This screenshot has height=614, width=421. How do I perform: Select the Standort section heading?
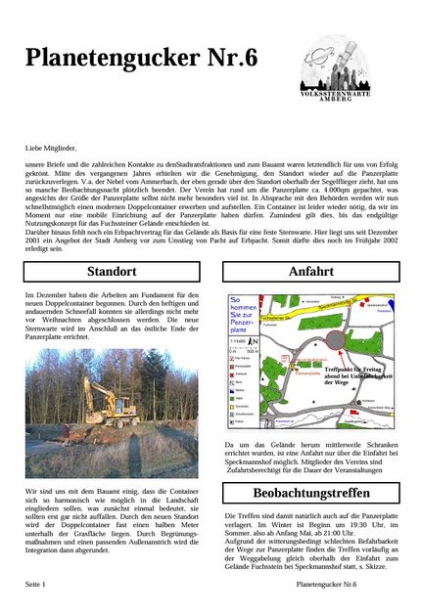pyautogui.click(x=111, y=271)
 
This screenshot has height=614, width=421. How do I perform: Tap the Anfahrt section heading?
pyautogui.click(x=310, y=271)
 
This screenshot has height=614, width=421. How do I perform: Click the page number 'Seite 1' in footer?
pyautogui.click(x=37, y=584)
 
